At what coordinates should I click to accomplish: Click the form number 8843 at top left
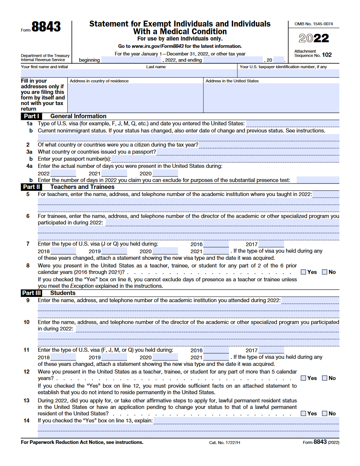46,27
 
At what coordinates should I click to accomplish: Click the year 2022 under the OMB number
314,38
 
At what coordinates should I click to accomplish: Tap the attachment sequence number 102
327,55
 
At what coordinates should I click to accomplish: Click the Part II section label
31,187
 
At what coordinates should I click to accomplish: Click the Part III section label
31,293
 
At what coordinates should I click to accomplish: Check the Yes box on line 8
303,272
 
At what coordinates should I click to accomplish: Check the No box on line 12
325,378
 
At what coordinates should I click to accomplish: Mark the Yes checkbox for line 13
303,413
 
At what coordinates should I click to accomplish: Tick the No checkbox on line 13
325,413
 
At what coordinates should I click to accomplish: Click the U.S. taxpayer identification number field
289,73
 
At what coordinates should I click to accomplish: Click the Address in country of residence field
135,98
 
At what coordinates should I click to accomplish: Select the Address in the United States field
271,98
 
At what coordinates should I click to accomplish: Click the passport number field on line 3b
225,159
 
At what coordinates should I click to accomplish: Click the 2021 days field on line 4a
114,173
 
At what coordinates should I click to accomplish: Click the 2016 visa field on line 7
216,244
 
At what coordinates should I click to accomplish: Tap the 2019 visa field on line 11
114,357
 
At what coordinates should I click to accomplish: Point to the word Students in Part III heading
63,293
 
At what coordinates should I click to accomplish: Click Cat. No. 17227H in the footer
224,442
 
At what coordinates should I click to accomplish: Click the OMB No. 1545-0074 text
314,24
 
